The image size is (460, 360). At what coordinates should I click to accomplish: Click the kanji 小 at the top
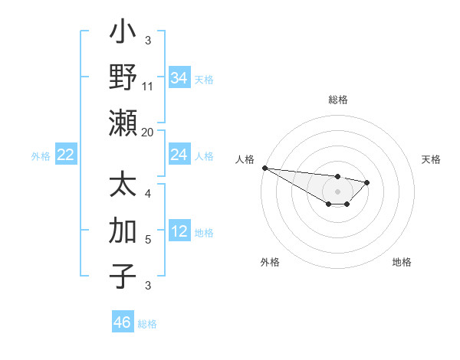coord(123,34)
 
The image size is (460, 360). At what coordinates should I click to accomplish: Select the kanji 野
coord(123,78)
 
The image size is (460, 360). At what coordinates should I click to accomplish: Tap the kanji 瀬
coord(123,123)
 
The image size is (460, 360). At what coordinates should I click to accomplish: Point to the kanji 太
coord(123,186)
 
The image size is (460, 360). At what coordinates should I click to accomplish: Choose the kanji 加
coord(123,231)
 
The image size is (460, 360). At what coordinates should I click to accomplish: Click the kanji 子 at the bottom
coord(123,276)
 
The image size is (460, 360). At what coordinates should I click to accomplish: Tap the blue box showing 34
coord(179,78)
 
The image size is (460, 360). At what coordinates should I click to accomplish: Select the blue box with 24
coord(179,155)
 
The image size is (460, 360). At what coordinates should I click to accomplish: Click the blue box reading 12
coord(179,232)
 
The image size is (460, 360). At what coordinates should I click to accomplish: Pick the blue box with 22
coord(66,155)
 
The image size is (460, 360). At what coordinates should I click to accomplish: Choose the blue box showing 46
coord(123,322)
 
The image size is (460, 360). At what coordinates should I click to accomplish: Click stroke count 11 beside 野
coord(148,86)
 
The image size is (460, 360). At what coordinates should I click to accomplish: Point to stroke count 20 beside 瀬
coord(148,131)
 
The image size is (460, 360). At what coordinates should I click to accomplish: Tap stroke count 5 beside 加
coord(148,240)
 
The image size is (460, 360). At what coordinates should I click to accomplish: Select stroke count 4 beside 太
coord(148,194)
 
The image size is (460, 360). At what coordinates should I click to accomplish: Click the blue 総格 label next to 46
coord(147,324)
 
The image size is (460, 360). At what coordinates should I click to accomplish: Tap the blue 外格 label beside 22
coord(41,156)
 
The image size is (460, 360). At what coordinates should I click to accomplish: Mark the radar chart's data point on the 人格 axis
coord(264,168)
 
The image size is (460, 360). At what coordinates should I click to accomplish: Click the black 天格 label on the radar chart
coord(431,159)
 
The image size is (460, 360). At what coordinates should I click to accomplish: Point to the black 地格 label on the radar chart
coord(402,262)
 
